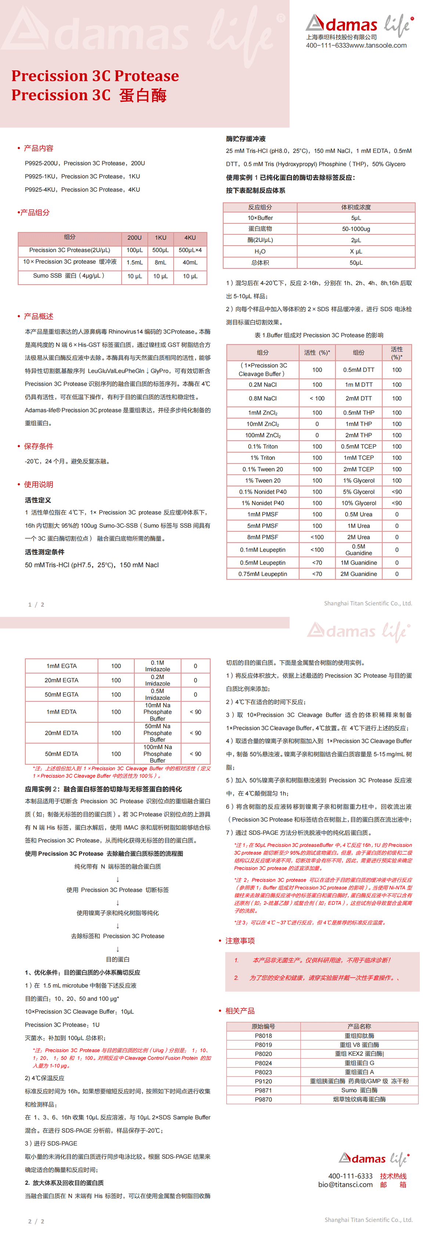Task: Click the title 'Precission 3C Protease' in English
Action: (x=95, y=76)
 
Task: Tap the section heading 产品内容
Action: (x=38, y=148)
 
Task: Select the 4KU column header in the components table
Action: (x=190, y=238)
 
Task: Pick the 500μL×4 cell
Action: (x=190, y=250)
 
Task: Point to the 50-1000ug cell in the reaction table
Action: (x=356, y=229)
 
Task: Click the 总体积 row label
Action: (x=260, y=263)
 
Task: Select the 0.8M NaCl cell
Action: (x=263, y=398)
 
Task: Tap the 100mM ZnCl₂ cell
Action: (x=263, y=435)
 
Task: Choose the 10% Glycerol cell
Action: (x=358, y=503)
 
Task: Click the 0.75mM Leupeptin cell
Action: (x=263, y=574)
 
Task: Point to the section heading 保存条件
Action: (x=38, y=446)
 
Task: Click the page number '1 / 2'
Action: (x=36, y=605)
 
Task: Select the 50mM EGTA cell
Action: (x=61, y=694)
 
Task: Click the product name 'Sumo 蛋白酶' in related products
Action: (x=359, y=1090)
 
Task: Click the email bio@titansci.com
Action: (x=345, y=1185)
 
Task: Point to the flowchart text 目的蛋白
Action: (x=118, y=959)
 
